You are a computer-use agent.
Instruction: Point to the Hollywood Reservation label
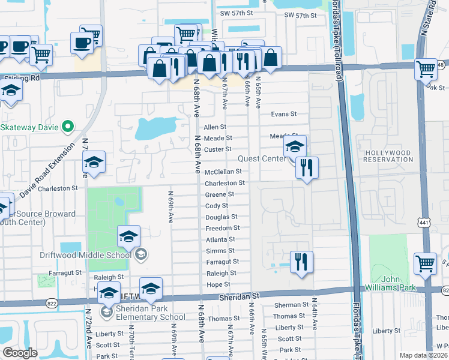(x=388, y=157)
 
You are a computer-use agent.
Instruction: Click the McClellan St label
(x=223, y=172)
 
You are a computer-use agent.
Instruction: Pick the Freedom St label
(x=222, y=228)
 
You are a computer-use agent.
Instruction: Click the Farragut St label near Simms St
(x=223, y=262)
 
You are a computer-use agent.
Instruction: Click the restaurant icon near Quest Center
(x=307, y=167)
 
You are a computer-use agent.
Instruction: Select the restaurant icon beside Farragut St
(x=301, y=262)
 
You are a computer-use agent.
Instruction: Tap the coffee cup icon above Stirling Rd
(x=82, y=43)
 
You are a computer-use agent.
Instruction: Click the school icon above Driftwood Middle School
(x=128, y=236)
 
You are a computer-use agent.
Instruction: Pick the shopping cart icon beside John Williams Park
(x=425, y=263)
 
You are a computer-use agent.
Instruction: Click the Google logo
(x=20, y=353)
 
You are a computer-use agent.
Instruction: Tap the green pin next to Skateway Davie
(x=68, y=127)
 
